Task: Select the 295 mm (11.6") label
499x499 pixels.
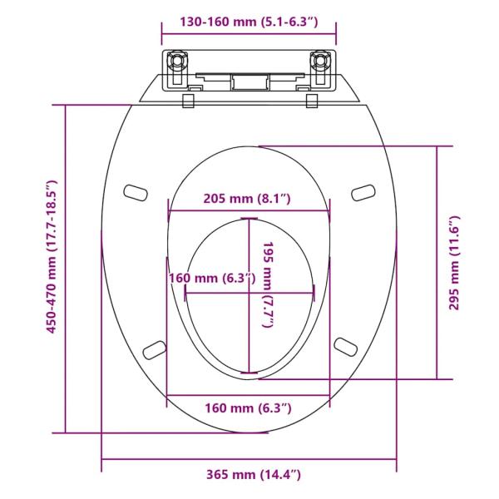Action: click(x=455, y=262)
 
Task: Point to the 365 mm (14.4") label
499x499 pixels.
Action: click(x=254, y=475)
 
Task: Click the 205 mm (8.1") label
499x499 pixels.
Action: click(x=249, y=198)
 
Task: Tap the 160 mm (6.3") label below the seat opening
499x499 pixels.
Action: click(x=249, y=408)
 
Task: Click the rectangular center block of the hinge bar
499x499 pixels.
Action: click(x=249, y=82)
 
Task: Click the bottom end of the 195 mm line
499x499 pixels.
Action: click(x=248, y=369)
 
